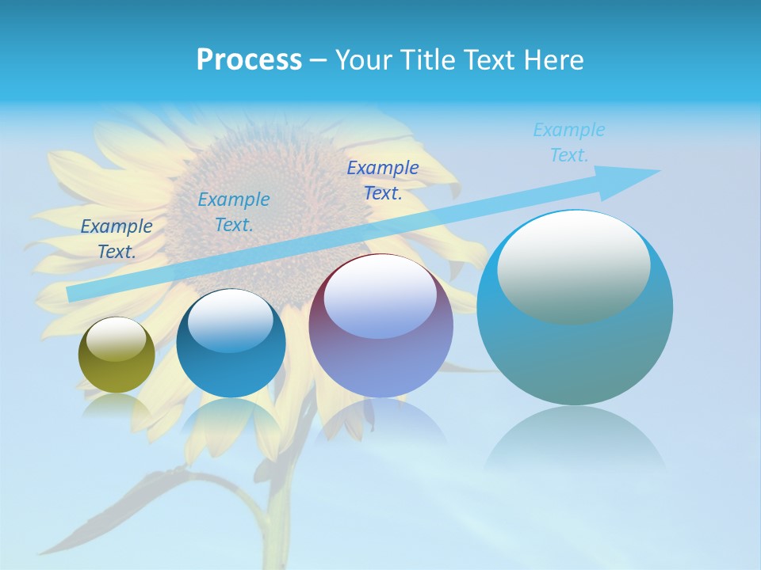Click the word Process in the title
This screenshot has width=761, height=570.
coord(249,60)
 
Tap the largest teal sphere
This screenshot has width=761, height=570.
coord(575,348)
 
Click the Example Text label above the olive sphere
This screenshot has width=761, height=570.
coord(117,239)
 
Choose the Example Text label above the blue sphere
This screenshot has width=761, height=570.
coord(234,212)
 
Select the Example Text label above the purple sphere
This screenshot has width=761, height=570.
coord(383,180)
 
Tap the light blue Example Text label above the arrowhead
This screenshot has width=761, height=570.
coord(569,142)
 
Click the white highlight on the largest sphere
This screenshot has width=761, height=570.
coord(573,268)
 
